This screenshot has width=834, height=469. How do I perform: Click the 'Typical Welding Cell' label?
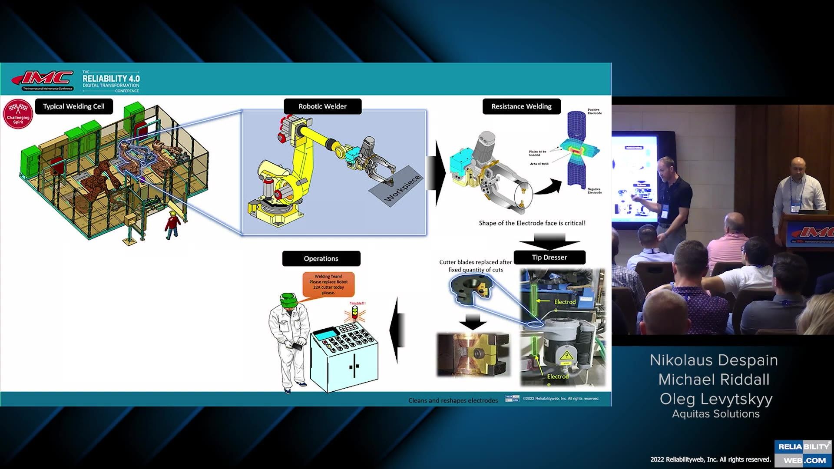point(74,106)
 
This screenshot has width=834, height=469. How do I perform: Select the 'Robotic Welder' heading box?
point(322,106)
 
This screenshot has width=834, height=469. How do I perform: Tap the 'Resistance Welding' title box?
point(521,106)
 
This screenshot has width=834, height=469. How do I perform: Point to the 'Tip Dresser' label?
point(549,258)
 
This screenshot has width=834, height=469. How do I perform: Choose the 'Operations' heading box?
point(321,259)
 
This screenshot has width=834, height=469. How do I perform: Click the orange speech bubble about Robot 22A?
point(328,284)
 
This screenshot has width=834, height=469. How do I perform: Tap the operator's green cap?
point(288,300)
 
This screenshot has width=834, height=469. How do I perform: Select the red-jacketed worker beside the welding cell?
point(172,225)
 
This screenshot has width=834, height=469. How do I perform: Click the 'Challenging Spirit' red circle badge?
point(18,114)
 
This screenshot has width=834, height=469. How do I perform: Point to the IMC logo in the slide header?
point(43,79)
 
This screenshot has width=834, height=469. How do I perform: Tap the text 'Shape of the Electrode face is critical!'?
point(532,223)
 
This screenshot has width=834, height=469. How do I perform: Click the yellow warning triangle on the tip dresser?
point(566,357)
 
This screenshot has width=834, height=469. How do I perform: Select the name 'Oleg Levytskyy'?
point(716,399)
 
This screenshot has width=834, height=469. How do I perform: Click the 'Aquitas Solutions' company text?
point(716,414)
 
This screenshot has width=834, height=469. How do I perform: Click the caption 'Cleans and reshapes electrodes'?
point(453,400)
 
